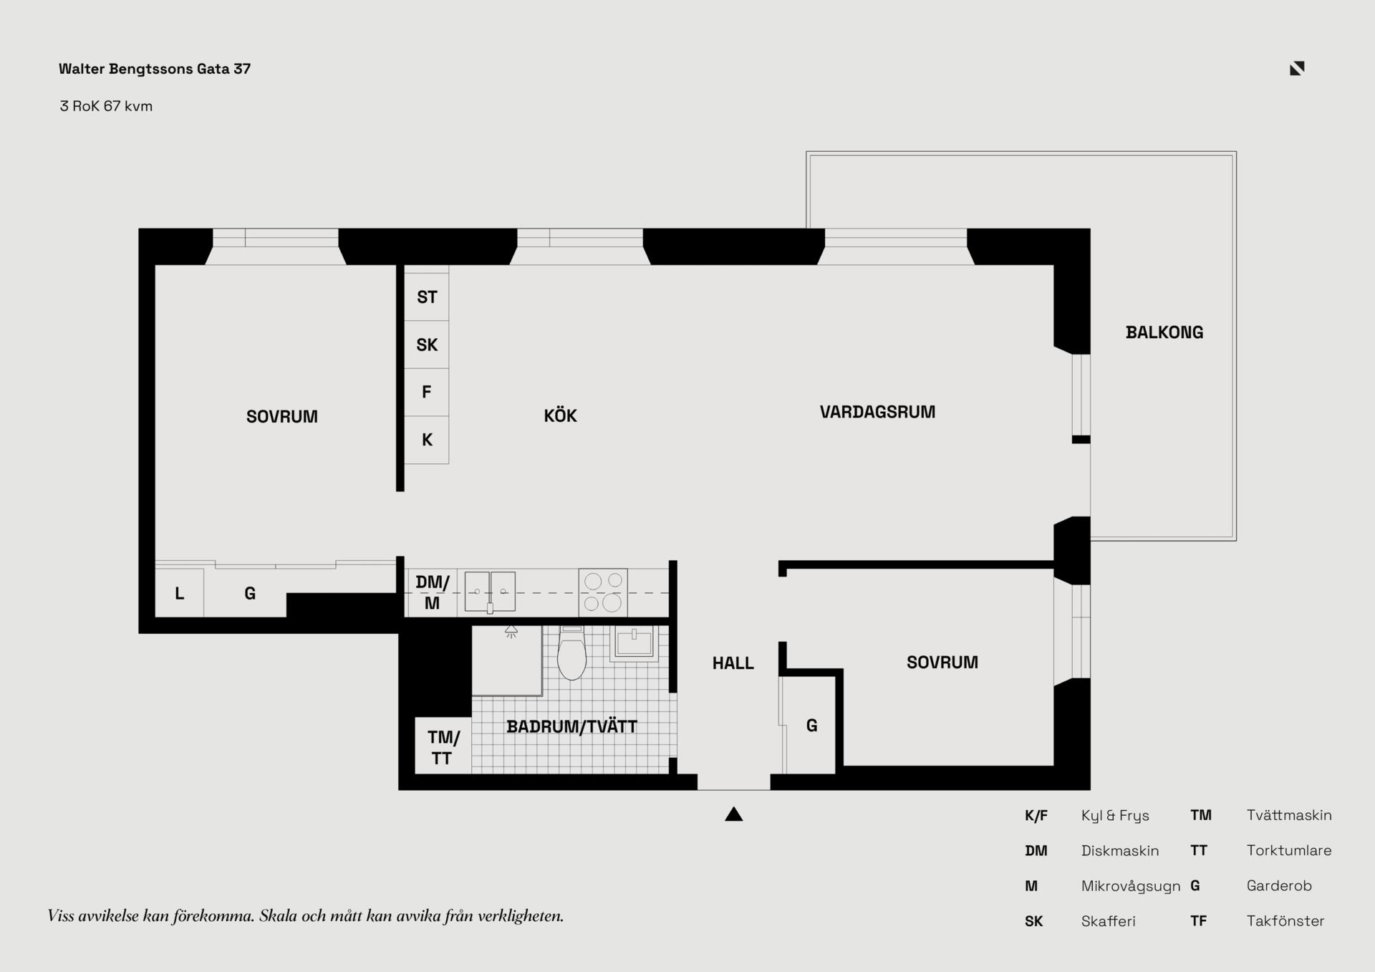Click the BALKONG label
(1164, 332)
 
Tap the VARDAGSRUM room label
(877, 412)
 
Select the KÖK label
(560, 415)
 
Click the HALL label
(733, 663)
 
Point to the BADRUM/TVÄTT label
(571, 727)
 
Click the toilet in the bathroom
(571, 653)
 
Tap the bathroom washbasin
(634, 643)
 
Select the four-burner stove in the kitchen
(603, 592)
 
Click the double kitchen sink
(490, 592)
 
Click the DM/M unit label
(433, 592)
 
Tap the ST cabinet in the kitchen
(427, 297)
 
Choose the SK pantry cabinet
(427, 345)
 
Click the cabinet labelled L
(179, 593)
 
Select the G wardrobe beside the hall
(811, 725)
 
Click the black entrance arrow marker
(733, 814)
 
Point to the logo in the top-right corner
(1297, 68)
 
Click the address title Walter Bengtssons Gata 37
(155, 69)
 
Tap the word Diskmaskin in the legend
(1120, 850)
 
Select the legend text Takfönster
(1285, 921)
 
